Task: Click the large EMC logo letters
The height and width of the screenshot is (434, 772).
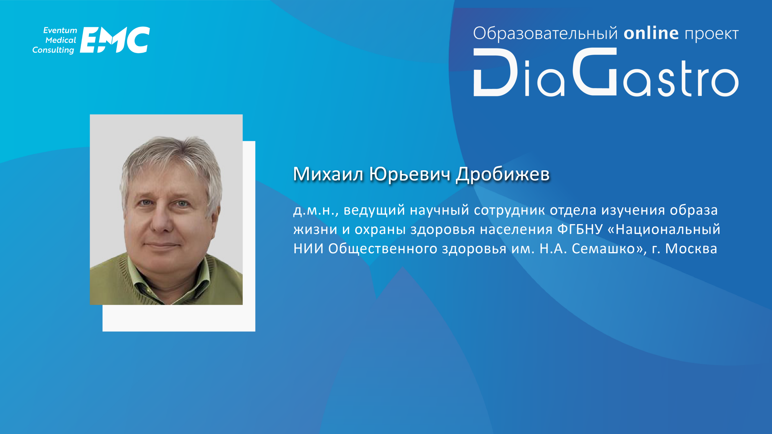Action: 115,40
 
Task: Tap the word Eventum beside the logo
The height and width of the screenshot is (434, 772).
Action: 60,30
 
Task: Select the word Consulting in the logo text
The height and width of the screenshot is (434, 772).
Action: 53,50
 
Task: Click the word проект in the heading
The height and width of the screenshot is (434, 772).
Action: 712,34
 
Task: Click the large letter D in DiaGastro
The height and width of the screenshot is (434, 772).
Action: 496,72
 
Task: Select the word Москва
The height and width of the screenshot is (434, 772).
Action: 691,249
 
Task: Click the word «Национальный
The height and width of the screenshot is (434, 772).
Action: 664,229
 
